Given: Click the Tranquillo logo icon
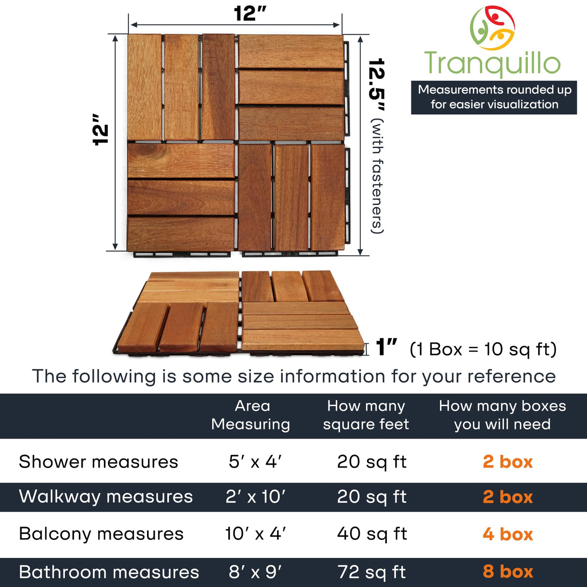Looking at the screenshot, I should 492,28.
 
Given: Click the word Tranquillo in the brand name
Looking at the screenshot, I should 492,64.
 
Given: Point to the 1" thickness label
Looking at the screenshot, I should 386,348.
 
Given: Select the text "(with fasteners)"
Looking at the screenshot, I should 378,176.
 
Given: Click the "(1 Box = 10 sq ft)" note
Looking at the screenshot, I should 483,349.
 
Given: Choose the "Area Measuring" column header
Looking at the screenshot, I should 251,415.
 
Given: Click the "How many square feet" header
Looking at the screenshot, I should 366,415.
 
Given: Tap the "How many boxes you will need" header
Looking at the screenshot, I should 502,415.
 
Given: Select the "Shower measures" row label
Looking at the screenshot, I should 99,462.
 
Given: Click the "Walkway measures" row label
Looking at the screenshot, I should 106,497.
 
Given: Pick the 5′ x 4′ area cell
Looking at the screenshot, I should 255,462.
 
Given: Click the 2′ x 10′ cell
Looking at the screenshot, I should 255,497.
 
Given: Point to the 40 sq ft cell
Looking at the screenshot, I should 372,534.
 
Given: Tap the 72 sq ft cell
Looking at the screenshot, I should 372,572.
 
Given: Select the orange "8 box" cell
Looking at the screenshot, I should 508,572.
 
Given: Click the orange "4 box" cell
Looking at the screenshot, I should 508,534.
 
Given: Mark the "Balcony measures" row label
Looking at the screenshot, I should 102,534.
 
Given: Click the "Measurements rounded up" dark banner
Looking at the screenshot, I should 494,97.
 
